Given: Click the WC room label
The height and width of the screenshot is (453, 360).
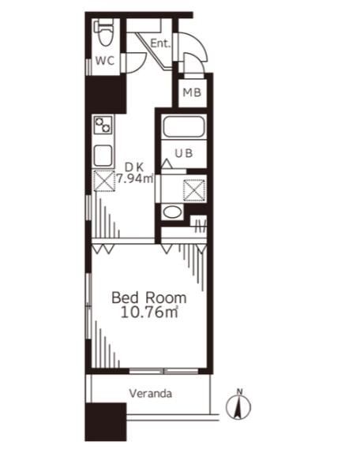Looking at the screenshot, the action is (105, 61).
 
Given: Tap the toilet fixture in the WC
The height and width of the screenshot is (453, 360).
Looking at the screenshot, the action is (103, 32).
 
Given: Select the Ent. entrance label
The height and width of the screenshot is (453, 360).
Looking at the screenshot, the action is (160, 43).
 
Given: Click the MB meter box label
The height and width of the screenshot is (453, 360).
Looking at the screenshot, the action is (192, 93).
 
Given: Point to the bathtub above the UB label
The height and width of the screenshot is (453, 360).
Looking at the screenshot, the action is (184, 127).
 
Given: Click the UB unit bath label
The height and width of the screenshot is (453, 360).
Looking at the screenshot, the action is (184, 153).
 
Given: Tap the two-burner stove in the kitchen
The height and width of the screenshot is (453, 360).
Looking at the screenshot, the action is (103, 125).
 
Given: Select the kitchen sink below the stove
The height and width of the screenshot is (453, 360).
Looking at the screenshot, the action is (103, 155).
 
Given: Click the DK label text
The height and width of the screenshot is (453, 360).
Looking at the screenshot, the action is (134, 167).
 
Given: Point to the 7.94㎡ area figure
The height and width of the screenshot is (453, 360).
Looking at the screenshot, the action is (135, 178).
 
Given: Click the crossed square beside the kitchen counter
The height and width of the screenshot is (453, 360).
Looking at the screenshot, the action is (104, 181).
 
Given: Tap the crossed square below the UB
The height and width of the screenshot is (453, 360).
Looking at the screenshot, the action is (194, 190).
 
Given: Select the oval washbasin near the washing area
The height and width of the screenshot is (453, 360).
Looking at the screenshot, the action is (172, 212).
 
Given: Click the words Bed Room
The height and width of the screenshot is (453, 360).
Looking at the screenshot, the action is (149, 298).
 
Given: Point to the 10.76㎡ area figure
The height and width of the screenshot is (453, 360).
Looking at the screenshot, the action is (149, 313).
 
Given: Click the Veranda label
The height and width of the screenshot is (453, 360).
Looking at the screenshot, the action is (151, 394).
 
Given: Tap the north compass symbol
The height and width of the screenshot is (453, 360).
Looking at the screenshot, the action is (238, 407).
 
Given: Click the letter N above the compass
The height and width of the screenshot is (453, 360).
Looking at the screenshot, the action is (239, 391).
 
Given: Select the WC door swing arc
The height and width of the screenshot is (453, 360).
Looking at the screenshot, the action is (138, 65).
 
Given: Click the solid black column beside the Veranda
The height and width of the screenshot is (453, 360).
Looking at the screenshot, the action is (106, 422).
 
